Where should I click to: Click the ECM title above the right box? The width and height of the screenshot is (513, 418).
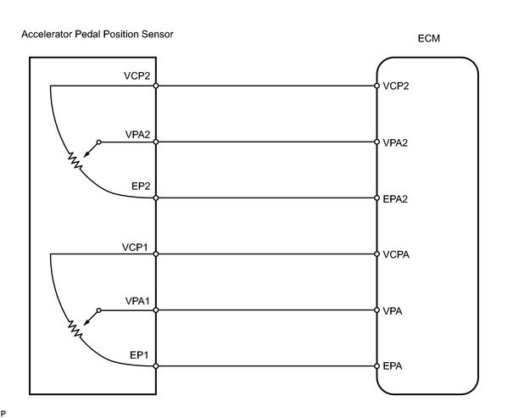point(428,39)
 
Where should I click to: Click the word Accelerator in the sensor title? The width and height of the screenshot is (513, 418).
point(47,34)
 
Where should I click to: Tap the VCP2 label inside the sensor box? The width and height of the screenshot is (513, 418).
point(137,75)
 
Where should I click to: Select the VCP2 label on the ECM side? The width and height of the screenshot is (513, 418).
point(396,86)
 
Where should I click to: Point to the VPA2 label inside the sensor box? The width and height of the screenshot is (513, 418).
point(137,135)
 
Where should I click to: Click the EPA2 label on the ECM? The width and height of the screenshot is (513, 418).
point(395,199)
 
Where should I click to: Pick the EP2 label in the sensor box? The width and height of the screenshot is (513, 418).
point(141,186)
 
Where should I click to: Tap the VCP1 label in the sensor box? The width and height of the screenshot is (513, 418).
point(135,248)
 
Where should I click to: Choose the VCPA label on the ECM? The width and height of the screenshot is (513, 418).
point(396,254)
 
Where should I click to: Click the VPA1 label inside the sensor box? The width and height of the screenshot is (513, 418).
point(137,301)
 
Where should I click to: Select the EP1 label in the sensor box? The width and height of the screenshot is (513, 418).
point(139,355)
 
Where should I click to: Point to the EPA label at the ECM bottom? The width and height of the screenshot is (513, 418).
point(393,366)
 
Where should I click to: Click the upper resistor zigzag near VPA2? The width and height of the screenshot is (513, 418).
point(75,161)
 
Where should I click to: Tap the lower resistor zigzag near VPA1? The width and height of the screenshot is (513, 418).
point(75,329)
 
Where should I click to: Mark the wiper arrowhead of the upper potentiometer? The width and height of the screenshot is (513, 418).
point(86,154)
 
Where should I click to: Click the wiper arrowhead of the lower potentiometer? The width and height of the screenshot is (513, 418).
point(86,323)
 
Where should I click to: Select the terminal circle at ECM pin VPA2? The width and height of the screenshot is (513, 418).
point(376,142)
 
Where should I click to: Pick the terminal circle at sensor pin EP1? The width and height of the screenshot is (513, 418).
point(156,366)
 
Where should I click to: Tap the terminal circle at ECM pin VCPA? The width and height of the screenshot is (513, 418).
point(376,254)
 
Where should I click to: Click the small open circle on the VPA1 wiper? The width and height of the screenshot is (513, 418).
point(99,310)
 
